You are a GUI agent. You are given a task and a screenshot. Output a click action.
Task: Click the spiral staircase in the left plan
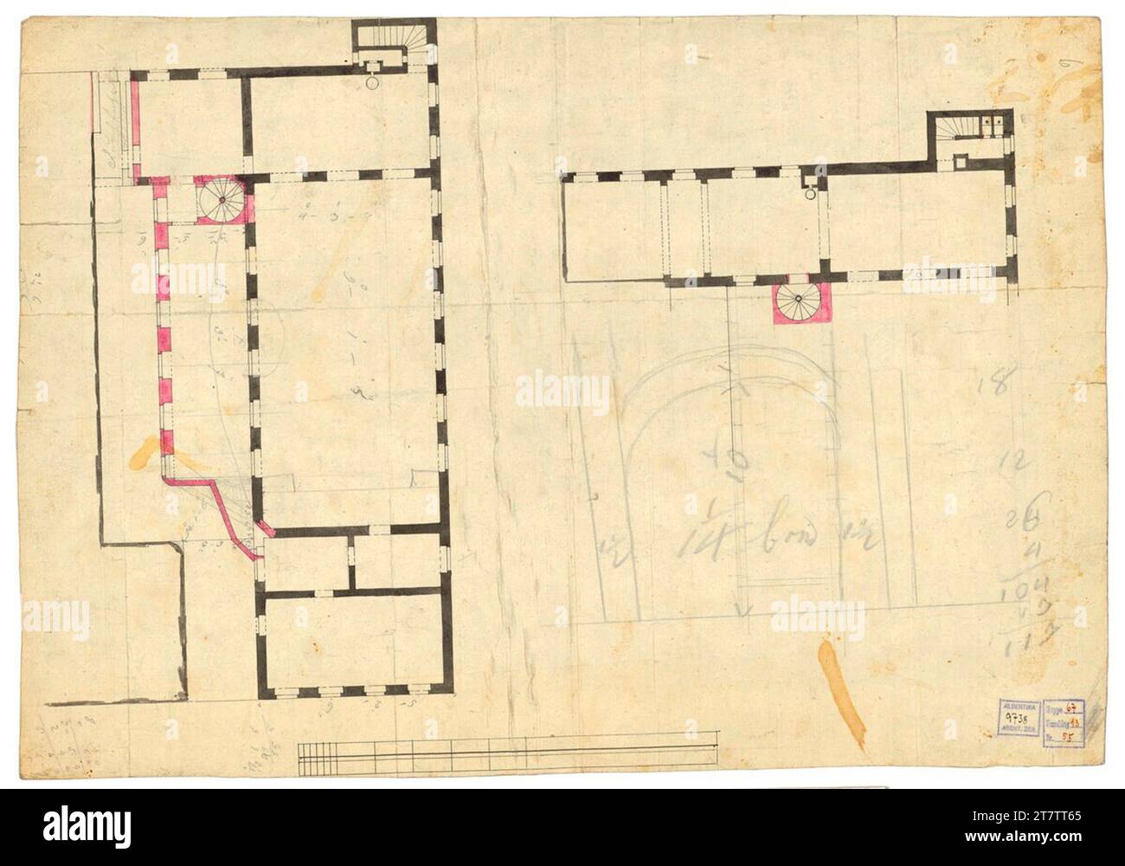pos(222,200)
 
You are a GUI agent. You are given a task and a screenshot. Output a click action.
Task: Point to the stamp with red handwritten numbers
pos(1067,718)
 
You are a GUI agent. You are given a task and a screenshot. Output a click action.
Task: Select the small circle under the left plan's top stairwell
pos(370,83)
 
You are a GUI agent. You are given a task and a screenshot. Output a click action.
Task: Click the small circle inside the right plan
pos(810,195)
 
